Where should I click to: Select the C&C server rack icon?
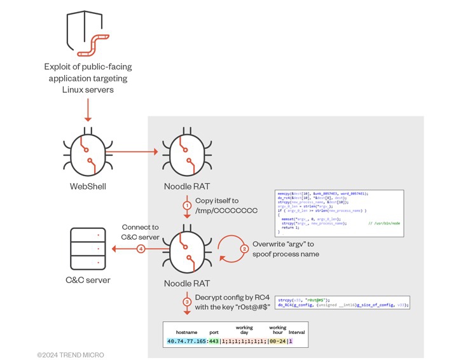(x=87, y=249)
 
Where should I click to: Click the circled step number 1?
(x=187, y=205)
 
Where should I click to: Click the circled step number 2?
(x=244, y=249)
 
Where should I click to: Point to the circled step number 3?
(x=187, y=301)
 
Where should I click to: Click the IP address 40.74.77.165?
(x=187, y=341)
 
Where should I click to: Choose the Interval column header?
(x=296, y=332)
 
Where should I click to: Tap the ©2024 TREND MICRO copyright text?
(x=70, y=354)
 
